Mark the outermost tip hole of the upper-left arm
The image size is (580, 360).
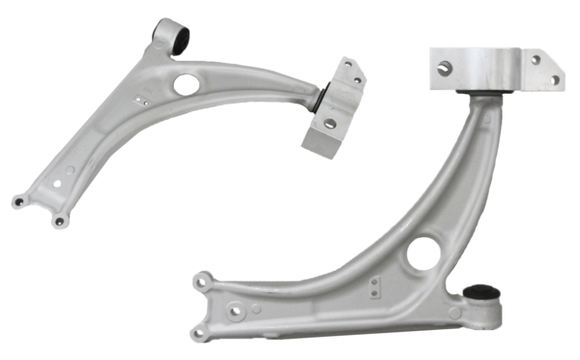tap(16, 206)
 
